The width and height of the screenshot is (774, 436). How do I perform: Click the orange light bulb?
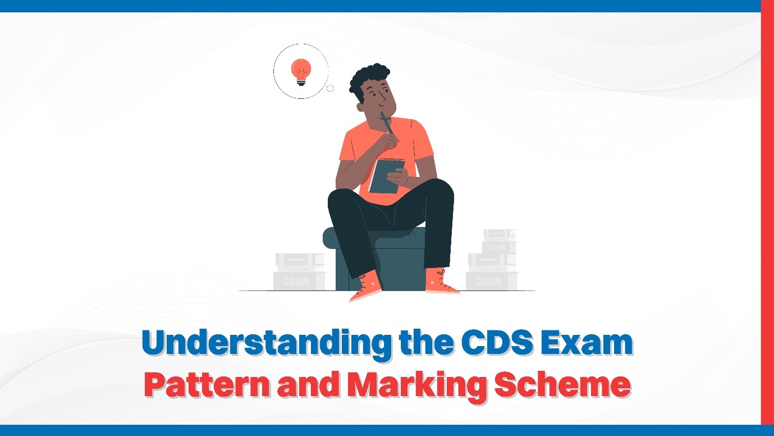[300, 72]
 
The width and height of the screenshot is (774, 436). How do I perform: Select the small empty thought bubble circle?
[330, 88]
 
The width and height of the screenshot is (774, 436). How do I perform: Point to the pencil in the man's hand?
[387, 123]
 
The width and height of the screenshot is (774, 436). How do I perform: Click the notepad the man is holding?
[386, 175]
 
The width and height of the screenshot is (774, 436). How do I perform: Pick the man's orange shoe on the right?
[441, 281]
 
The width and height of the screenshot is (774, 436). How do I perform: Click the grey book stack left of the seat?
[299, 272]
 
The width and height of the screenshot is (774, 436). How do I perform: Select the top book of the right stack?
[499, 234]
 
